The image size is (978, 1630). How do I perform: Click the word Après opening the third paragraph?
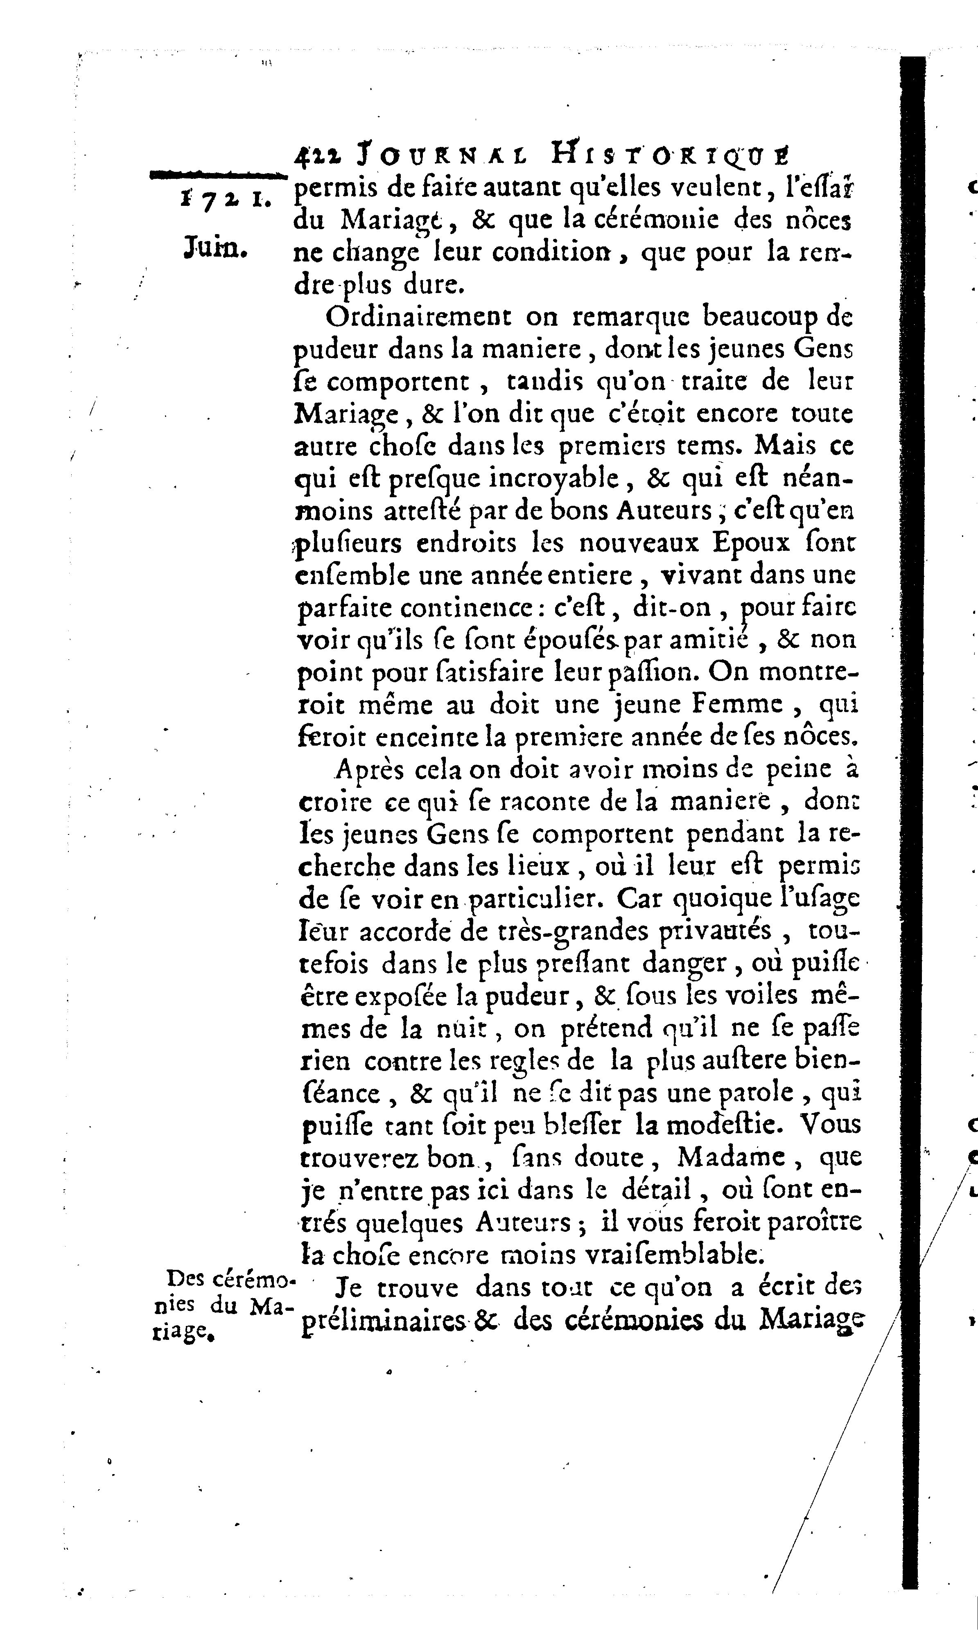[366, 769]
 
